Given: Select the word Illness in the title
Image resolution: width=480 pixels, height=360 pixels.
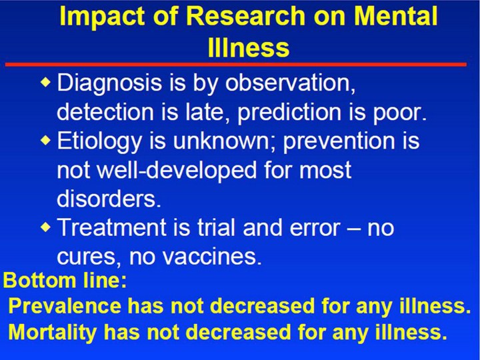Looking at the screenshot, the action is point(248,47).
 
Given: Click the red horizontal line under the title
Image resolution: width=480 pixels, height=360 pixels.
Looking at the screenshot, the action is point(236,64).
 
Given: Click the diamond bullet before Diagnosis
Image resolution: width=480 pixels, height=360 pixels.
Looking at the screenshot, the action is point(45,81).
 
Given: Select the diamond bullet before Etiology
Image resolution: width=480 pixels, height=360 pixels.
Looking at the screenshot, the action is point(45,140).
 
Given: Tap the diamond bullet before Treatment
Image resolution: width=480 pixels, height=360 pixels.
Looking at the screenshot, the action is point(45,227).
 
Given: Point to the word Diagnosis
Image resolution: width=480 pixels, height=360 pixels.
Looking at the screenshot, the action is point(109,83).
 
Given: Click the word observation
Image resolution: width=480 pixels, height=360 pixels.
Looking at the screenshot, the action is point(290,83).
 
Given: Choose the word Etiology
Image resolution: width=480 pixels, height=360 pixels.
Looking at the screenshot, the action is point(99,141).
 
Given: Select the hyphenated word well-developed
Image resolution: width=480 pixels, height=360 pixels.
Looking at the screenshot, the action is point(177,170).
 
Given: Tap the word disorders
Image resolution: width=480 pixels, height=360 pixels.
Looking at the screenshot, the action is point(109,199).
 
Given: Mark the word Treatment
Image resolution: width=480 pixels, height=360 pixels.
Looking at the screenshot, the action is point(112,227).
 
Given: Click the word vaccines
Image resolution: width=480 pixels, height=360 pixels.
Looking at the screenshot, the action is point(211,256).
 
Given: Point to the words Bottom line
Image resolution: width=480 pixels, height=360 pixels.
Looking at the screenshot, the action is point(65,280).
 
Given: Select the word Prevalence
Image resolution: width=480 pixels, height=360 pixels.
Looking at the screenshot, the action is point(65,305).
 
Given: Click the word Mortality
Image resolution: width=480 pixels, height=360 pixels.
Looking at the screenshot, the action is point(53,333).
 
